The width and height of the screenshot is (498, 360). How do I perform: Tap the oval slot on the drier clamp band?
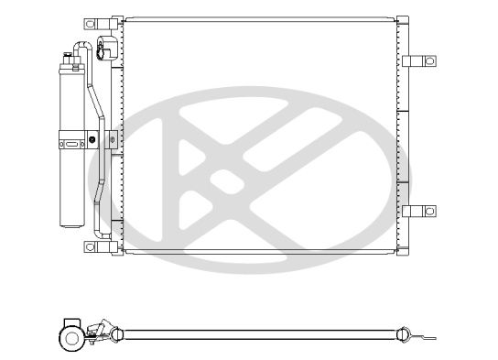tap(70, 142)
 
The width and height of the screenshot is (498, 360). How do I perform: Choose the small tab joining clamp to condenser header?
tap(112, 140)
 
